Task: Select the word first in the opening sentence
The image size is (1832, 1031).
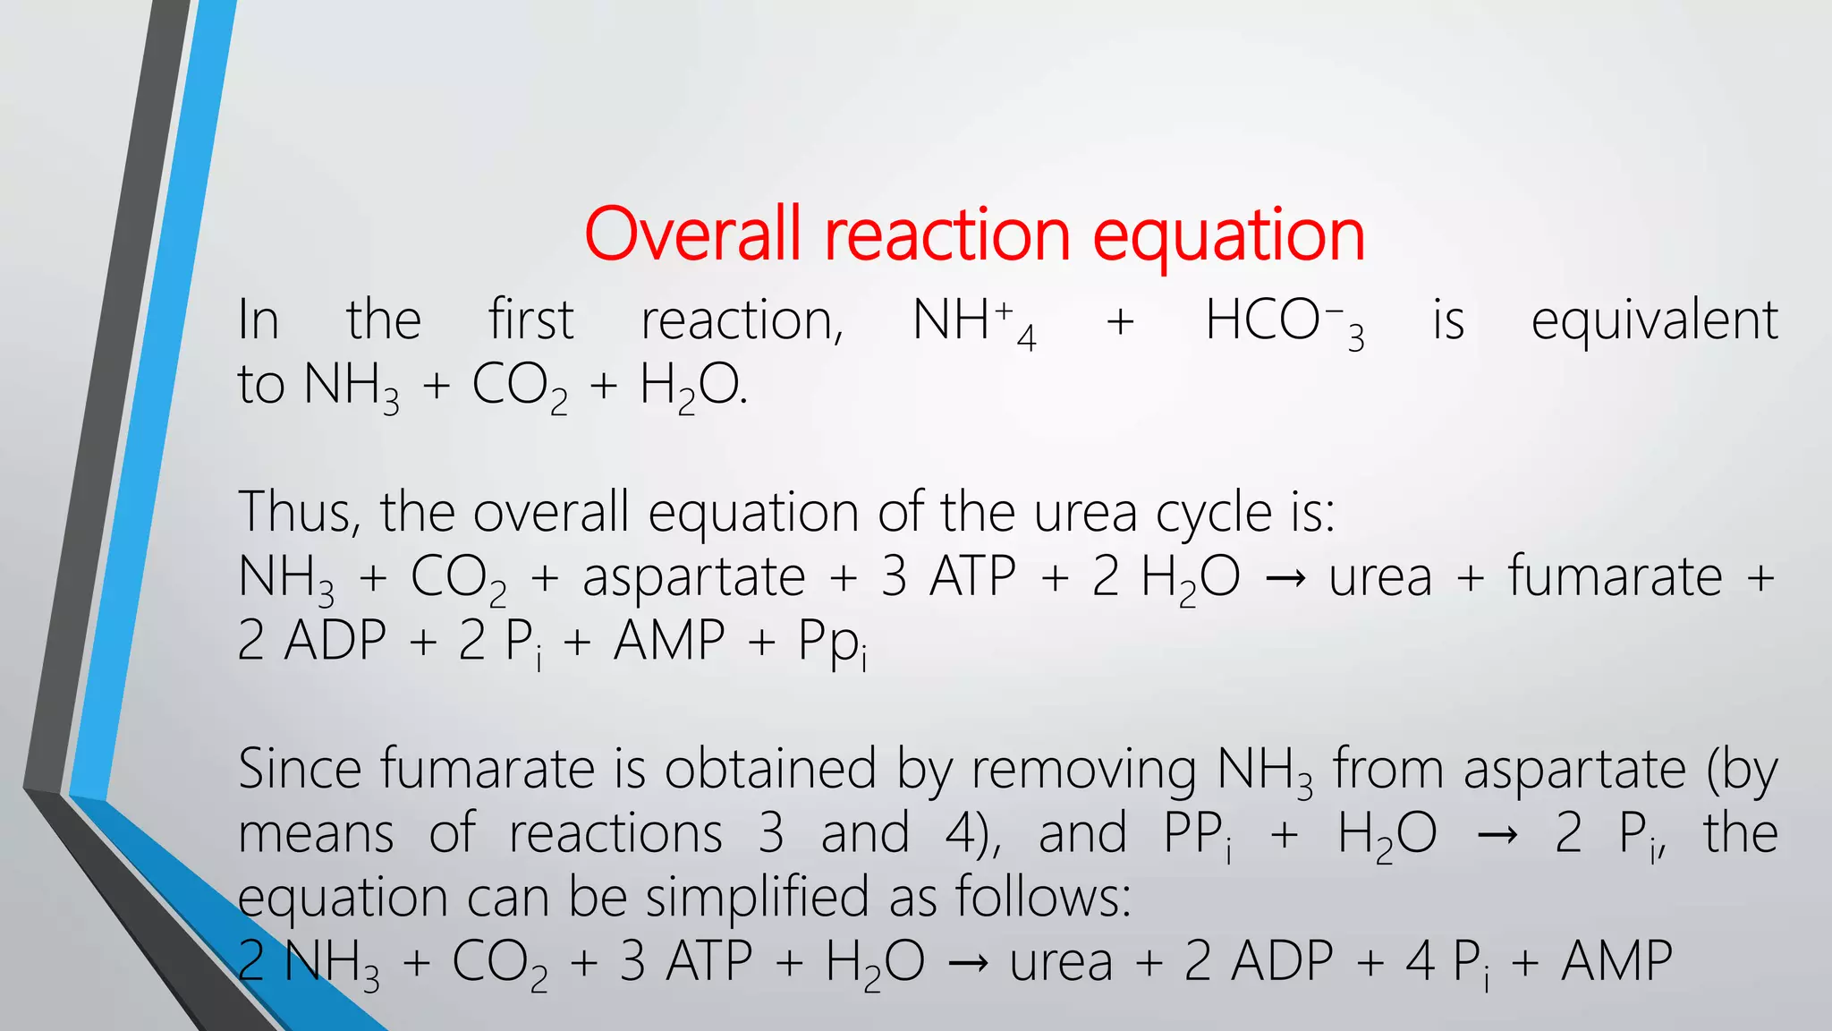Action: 530,320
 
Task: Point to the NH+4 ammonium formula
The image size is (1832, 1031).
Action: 973,322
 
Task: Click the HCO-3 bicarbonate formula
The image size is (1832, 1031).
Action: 1284,322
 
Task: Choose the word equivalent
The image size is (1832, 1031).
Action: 1654,320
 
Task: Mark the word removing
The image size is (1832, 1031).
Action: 1083,771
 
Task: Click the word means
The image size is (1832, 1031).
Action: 316,834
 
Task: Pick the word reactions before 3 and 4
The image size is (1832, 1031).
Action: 615,834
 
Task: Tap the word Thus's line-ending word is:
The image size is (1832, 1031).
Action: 1312,513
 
